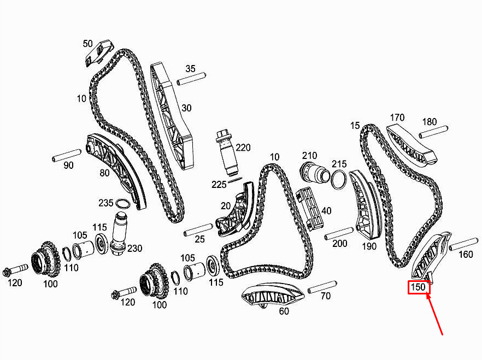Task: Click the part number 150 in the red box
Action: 418,287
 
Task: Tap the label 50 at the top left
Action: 87,43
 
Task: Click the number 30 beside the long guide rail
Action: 186,108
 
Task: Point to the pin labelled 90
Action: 67,156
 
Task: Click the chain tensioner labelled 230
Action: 119,233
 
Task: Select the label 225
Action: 219,184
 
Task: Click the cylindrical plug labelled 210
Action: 315,173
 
